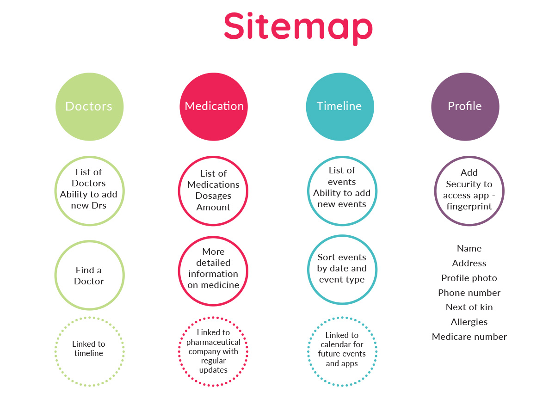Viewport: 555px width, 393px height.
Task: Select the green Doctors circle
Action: (x=89, y=106)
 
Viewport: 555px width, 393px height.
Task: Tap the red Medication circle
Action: (x=214, y=106)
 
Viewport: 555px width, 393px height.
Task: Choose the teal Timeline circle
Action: (x=339, y=106)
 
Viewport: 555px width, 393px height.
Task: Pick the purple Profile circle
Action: (x=465, y=106)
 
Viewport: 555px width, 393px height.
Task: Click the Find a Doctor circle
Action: (x=89, y=276)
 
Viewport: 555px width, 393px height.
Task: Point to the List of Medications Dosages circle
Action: (x=213, y=190)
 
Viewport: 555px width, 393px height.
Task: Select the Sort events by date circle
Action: (x=342, y=269)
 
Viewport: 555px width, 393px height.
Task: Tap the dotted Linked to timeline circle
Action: (x=89, y=351)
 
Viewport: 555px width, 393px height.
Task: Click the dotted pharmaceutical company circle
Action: (x=213, y=351)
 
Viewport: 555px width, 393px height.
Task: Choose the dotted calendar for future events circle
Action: (x=342, y=351)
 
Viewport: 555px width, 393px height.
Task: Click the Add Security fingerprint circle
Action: (x=469, y=190)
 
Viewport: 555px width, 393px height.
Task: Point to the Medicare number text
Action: (x=469, y=337)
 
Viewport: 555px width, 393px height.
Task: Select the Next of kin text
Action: (x=469, y=307)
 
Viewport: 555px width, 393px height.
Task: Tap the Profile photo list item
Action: (x=469, y=278)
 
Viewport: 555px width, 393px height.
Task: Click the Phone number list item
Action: (x=469, y=293)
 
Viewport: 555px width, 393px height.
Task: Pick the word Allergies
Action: (x=469, y=322)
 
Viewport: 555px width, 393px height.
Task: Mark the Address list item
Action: (x=469, y=263)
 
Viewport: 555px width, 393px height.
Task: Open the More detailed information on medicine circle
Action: (x=213, y=269)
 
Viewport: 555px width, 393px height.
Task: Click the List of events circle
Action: (x=342, y=190)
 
